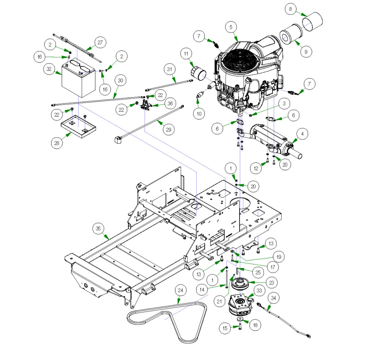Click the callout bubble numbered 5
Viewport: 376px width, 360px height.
231,27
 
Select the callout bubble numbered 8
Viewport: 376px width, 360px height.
290,9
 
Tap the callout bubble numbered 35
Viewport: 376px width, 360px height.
98,229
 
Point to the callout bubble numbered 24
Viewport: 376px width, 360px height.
180,290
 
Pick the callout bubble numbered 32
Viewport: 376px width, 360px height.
49,69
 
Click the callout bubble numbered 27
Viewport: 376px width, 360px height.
100,42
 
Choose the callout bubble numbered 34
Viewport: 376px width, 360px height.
273,298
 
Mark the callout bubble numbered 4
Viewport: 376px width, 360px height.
302,134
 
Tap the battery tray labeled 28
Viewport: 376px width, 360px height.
78,126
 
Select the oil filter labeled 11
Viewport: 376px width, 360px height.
199,74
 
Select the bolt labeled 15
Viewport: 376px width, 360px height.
240,326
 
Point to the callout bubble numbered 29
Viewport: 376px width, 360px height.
169,130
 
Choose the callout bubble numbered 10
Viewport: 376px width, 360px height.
199,114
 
